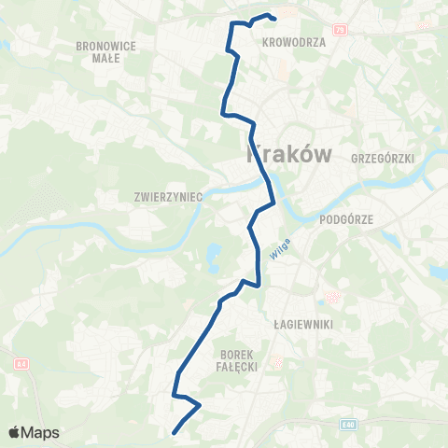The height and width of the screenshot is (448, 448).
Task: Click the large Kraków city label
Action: (x=288, y=154)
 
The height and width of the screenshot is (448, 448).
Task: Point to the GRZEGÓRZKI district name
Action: (x=381, y=159)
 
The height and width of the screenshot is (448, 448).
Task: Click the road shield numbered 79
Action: (x=339, y=29)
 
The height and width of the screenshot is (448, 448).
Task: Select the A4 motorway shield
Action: (x=21, y=364)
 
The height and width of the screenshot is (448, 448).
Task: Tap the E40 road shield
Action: (x=347, y=424)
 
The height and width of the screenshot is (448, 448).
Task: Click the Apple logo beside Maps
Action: (x=14, y=432)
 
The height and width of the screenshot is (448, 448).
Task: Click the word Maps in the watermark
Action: (x=40, y=433)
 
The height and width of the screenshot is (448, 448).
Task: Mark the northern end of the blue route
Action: (x=275, y=19)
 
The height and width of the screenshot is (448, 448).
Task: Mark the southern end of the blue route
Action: (x=175, y=430)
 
